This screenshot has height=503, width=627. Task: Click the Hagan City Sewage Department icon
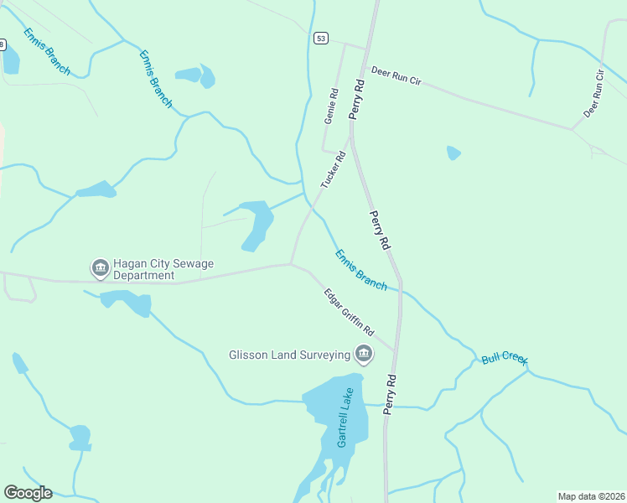pos(100,267)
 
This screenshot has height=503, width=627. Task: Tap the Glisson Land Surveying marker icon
pos(364,355)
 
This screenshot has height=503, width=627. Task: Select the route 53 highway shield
pos(321,39)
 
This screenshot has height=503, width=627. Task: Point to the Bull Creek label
pos(504,360)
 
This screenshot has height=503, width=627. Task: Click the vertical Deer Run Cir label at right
pos(594,93)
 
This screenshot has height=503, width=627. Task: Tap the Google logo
pos(28,493)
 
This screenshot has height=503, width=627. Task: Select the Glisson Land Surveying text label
pos(289,355)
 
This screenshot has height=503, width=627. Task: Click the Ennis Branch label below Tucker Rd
pos(361,270)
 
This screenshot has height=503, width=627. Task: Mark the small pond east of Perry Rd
pos(453,153)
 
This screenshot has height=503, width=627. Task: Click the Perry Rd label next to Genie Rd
pos(358,98)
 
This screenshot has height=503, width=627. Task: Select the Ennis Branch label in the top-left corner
pos(47,51)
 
